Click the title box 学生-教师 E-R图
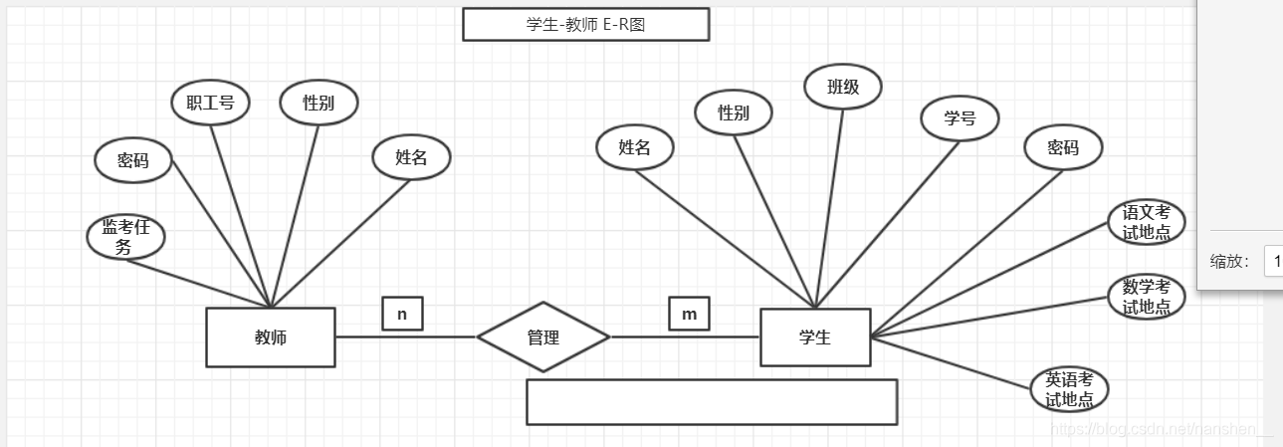click(585, 25)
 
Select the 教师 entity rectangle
click(271, 337)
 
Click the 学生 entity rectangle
click(815, 337)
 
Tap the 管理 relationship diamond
click(542, 337)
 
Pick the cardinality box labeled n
click(402, 314)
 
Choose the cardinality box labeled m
click(689, 314)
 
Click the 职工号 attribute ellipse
click(209, 103)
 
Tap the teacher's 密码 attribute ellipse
click(132, 160)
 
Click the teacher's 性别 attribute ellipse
click(319, 103)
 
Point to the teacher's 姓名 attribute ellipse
click(411, 156)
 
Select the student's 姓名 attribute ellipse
click(634, 147)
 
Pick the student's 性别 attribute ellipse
click(734, 112)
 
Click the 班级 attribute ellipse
click(843, 87)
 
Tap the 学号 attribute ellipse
click(960, 118)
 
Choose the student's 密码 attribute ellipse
click(1063, 147)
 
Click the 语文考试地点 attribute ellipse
click(1147, 222)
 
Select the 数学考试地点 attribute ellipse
click(1147, 297)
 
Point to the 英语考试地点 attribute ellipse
click(1069, 389)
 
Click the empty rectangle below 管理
click(712, 401)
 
